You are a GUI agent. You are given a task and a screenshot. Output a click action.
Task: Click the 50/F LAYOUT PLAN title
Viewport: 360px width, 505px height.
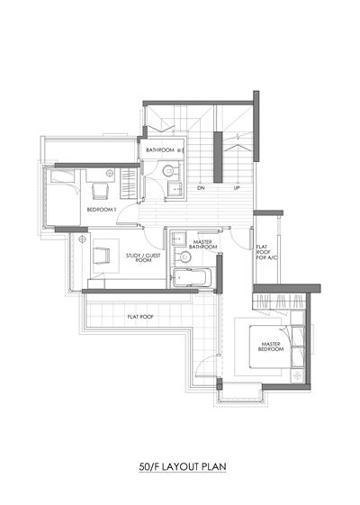point(183,466)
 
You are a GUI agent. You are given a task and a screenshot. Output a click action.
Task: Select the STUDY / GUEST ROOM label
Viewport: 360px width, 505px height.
point(143,257)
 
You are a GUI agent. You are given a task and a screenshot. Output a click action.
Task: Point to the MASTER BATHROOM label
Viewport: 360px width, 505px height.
point(203,245)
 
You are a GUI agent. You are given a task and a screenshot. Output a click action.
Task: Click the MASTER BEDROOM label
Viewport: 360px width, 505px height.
point(271,347)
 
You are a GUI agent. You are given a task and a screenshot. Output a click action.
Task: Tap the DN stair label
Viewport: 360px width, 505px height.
point(201,188)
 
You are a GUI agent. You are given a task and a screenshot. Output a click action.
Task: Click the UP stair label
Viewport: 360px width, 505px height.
point(237,188)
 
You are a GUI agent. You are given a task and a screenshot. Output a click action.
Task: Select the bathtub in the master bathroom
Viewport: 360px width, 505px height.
point(193,277)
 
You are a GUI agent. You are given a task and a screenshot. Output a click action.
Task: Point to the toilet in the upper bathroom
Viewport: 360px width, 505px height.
point(170,171)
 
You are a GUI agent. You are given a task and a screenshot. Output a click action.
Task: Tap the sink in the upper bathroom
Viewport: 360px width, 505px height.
point(175,189)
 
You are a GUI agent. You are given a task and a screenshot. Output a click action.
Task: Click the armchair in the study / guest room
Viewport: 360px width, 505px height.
point(102,256)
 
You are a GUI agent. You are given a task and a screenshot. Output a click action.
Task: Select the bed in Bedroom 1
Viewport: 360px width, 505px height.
point(63,197)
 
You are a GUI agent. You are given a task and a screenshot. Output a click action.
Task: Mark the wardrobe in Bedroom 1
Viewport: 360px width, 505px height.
point(129,184)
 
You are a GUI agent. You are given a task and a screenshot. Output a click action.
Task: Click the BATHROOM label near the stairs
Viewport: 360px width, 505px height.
point(160,150)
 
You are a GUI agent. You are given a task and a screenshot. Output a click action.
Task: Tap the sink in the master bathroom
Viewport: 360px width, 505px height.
point(178,239)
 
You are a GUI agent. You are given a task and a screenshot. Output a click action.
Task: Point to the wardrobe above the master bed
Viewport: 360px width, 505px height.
point(278,302)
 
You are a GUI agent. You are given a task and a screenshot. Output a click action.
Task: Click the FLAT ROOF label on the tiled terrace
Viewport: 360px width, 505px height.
point(140,317)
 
